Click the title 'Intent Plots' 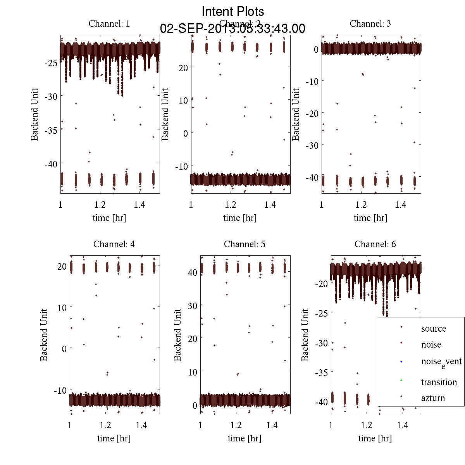(233, 11)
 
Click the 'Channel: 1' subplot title (109, 24)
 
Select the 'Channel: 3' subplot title (370, 24)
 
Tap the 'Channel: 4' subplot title (114, 244)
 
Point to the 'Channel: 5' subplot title (245, 244)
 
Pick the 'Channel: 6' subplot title (375, 244)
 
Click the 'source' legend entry (434, 329)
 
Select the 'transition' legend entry (439, 382)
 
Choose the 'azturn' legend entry (433, 398)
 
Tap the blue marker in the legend (401, 362)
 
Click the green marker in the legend (401, 380)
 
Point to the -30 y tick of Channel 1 (51, 96)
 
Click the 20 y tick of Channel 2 (183, 68)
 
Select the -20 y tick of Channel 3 (312, 114)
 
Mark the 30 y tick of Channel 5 (192, 306)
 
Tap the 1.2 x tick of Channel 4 (105, 425)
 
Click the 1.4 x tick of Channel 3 (401, 205)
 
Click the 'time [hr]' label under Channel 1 (109, 218)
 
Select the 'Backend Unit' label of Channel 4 (44, 335)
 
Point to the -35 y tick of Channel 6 (322, 373)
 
